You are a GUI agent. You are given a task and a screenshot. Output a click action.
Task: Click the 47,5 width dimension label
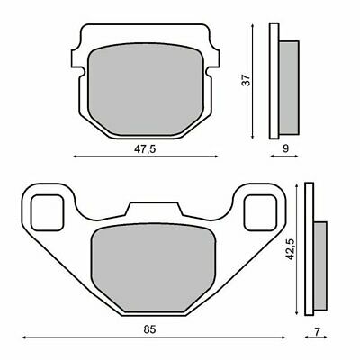[x=145, y=149]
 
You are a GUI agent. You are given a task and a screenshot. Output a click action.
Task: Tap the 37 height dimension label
[x=246, y=80]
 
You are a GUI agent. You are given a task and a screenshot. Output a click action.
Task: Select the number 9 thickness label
[x=285, y=148]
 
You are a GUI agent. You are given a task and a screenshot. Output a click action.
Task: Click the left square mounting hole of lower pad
[x=48, y=212]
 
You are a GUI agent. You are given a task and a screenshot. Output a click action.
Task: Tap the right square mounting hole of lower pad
[x=260, y=212]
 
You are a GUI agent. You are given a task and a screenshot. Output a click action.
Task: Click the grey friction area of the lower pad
[x=153, y=268]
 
